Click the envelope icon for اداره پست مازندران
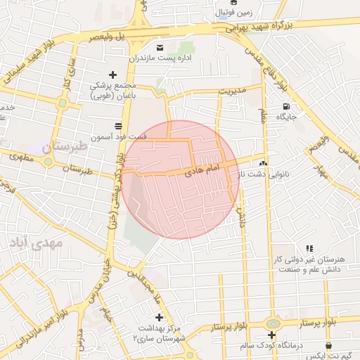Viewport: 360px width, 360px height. point(160,47)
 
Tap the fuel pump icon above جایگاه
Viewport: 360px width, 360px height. point(285,108)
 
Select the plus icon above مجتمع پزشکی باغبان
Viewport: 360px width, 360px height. point(112,75)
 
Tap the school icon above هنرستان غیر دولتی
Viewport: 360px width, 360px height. point(309,249)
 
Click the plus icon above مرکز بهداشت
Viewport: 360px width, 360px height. point(158,317)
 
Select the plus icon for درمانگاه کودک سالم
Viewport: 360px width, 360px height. point(271,335)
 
